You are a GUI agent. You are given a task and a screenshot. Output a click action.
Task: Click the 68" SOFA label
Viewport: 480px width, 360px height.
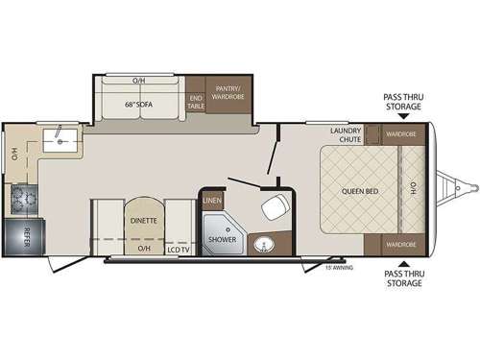pos(141,104)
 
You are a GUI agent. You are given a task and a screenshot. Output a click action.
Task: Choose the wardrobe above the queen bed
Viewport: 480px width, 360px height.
pos(400,135)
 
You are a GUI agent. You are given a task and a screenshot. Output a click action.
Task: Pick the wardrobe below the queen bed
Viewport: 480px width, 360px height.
pos(400,243)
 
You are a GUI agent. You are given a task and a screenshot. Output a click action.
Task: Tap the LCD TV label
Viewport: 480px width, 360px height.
pos(178,250)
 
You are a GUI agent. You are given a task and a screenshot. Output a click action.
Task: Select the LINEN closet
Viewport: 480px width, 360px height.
pos(211,201)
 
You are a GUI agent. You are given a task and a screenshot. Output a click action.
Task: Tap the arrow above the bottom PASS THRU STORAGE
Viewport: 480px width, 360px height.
pos(402,262)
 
